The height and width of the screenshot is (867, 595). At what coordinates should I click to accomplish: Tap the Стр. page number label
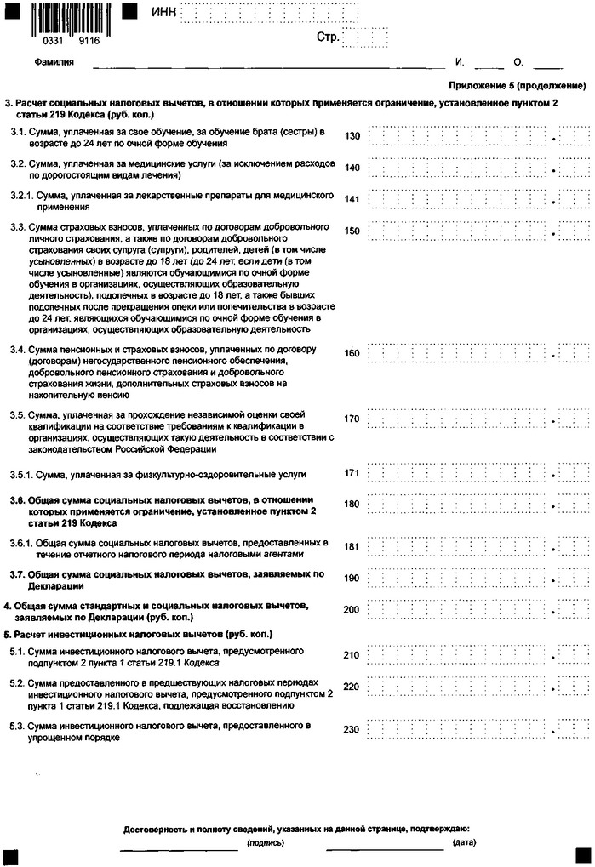328,37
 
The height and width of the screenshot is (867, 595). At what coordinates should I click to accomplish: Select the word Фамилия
54,62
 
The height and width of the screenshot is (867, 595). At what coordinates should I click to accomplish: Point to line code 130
352,136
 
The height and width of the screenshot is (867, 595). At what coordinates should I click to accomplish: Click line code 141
352,200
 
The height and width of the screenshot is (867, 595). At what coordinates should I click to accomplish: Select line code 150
352,231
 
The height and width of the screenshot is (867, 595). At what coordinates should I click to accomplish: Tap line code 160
352,353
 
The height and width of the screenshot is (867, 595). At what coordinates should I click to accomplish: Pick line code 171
352,473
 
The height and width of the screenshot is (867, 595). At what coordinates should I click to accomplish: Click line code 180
352,505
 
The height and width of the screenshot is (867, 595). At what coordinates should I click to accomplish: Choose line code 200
352,610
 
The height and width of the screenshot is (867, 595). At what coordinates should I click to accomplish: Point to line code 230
352,729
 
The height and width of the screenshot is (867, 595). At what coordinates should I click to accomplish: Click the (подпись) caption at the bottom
266,843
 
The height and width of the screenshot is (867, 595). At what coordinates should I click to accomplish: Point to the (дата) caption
465,843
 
